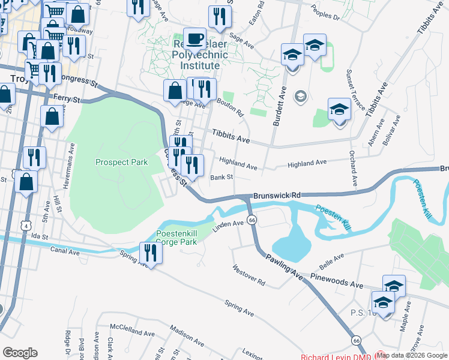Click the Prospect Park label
pos(121,162)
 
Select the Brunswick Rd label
pos(276,196)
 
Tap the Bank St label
pos(221,177)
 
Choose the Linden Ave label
pos(230,223)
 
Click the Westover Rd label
pos(249,275)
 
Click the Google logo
pos(20,353)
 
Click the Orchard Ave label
pos(354,167)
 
